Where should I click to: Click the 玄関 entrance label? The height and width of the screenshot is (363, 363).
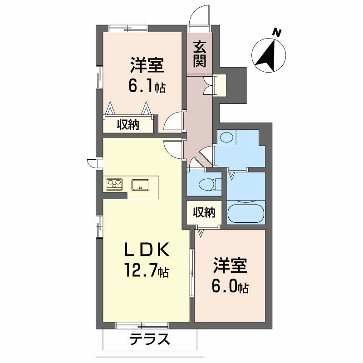tap(200, 54)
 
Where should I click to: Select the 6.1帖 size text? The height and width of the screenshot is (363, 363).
tap(147, 86)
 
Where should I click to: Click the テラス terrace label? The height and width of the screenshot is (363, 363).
tap(150, 339)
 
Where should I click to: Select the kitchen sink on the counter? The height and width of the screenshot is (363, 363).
tap(141, 184)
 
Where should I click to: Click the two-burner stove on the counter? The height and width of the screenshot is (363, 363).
tap(114, 184)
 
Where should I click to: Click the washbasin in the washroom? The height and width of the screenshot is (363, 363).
tap(227, 138)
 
